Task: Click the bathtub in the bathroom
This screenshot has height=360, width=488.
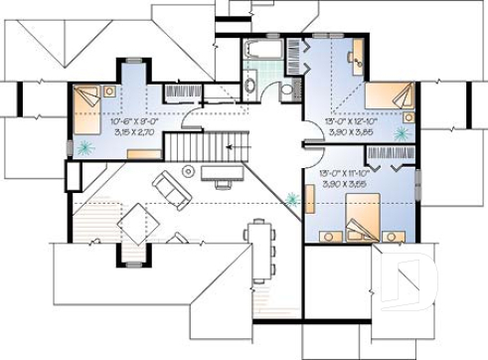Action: (x=263, y=50)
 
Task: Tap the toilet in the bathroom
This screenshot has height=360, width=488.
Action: (x=286, y=91)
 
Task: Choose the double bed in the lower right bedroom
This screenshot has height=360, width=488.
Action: (x=360, y=217)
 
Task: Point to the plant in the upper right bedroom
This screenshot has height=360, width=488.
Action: (x=402, y=132)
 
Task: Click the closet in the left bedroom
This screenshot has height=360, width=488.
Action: (x=182, y=91)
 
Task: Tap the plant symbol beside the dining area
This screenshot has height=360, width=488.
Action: (x=292, y=198)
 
